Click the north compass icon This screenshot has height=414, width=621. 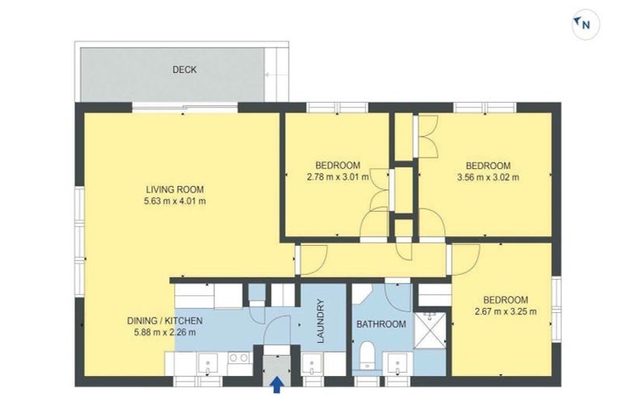pyautogui.click(x=584, y=25)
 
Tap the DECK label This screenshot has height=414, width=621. pyautogui.click(x=184, y=70)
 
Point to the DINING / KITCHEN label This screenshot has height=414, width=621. pyautogui.click(x=165, y=320)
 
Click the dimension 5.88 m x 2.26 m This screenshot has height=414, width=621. pyautogui.click(x=165, y=332)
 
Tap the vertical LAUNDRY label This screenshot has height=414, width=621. pyautogui.click(x=321, y=322)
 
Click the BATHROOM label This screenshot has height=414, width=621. pyautogui.click(x=382, y=324)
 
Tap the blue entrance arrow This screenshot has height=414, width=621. pyautogui.click(x=277, y=385)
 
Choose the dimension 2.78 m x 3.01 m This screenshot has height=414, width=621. pyautogui.click(x=338, y=177)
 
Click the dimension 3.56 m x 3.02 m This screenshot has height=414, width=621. pyautogui.click(x=488, y=177)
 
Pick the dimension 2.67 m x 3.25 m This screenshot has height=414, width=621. pyautogui.click(x=505, y=310)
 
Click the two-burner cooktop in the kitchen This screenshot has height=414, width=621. pyautogui.click(x=239, y=358)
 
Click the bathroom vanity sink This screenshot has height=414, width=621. pyautogui.click(x=397, y=363)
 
